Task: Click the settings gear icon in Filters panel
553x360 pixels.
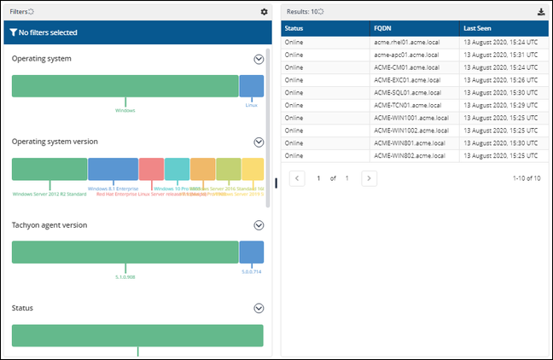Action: point(264,12)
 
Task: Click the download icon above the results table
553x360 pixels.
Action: point(540,12)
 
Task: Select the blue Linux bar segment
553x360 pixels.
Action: point(251,85)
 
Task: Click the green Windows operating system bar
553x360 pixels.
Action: point(125,85)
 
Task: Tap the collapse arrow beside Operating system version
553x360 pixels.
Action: point(259,142)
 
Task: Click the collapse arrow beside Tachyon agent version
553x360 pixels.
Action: point(259,225)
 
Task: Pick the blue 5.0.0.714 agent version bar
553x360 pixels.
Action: point(251,252)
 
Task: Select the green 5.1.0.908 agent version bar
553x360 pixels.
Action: point(125,252)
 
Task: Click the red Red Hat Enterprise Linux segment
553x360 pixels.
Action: point(151,169)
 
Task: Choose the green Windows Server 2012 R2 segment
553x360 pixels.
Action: point(49,169)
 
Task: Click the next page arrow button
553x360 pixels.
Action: point(369,178)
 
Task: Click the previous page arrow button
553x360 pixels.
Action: point(297,178)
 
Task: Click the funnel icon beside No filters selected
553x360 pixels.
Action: point(13,32)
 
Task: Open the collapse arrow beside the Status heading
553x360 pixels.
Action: point(259,308)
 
